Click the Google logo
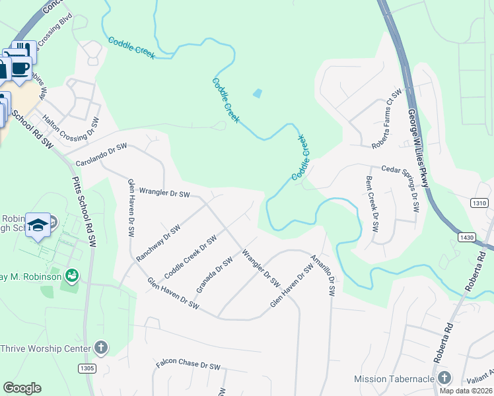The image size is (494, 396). click(x=22, y=388)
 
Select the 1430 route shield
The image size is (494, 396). click(x=466, y=236)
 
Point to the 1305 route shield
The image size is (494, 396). click(x=87, y=368)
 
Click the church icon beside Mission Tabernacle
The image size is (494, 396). click(x=444, y=378)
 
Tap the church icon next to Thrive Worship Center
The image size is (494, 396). click(x=100, y=347)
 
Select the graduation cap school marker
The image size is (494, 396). click(x=38, y=225)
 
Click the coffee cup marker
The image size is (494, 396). click(x=20, y=67)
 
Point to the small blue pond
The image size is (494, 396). click(x=256, y=94)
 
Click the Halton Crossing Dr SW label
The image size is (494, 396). click(x=71, y=129)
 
